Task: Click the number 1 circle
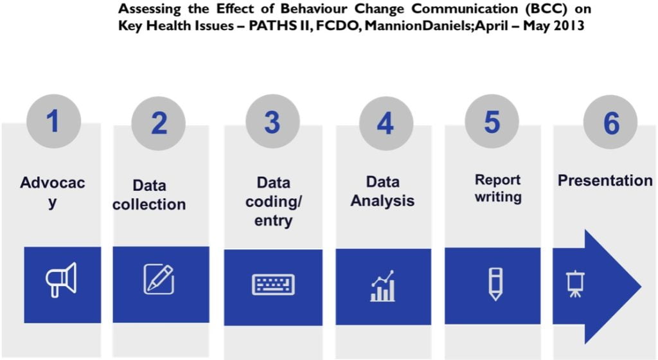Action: [53, 122]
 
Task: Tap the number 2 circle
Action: [159, 123]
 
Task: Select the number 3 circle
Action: [272, 122]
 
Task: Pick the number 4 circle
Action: [386, 123]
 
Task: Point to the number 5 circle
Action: [492, 122]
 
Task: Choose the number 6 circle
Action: [610, 123]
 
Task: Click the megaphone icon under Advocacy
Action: [61, 280]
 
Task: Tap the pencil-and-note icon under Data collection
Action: [159, 279]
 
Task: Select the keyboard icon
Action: [273, 285]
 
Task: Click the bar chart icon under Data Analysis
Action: [382, 285]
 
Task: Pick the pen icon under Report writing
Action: [495, 284]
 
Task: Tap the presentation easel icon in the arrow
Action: [575, 284]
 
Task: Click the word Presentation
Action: [605, 181]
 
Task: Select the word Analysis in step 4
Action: [382, 201]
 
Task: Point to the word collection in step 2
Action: [149, 204]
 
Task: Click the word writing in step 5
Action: [498, 197]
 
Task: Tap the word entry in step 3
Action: [273, 221]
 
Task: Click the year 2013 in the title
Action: [569, 26]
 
